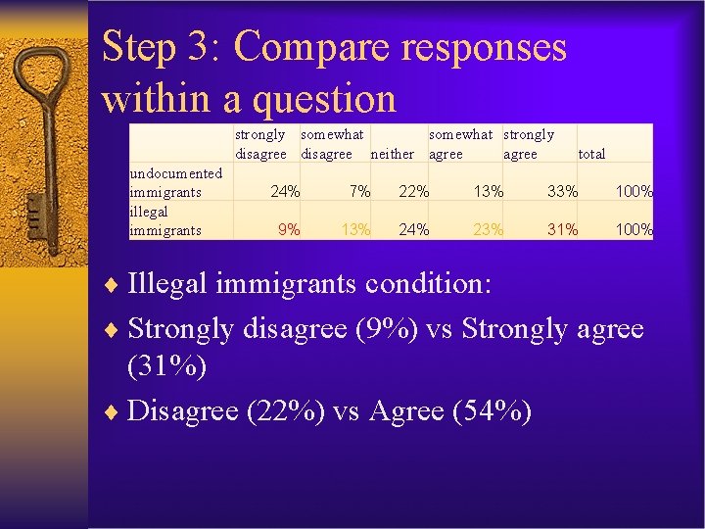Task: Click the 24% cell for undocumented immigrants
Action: [285, 192]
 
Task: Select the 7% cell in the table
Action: [359, 192]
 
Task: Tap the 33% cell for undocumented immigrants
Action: [562, 192]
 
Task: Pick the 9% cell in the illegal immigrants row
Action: [289, 230]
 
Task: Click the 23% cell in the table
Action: [488, 230]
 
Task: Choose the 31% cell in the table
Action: [562, 230]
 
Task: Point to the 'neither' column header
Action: [392, 154]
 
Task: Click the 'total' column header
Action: [592, 154]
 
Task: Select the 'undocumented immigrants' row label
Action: [176, 182]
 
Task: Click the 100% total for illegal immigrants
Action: [634, 230]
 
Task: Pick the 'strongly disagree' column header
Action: [260, 144]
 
